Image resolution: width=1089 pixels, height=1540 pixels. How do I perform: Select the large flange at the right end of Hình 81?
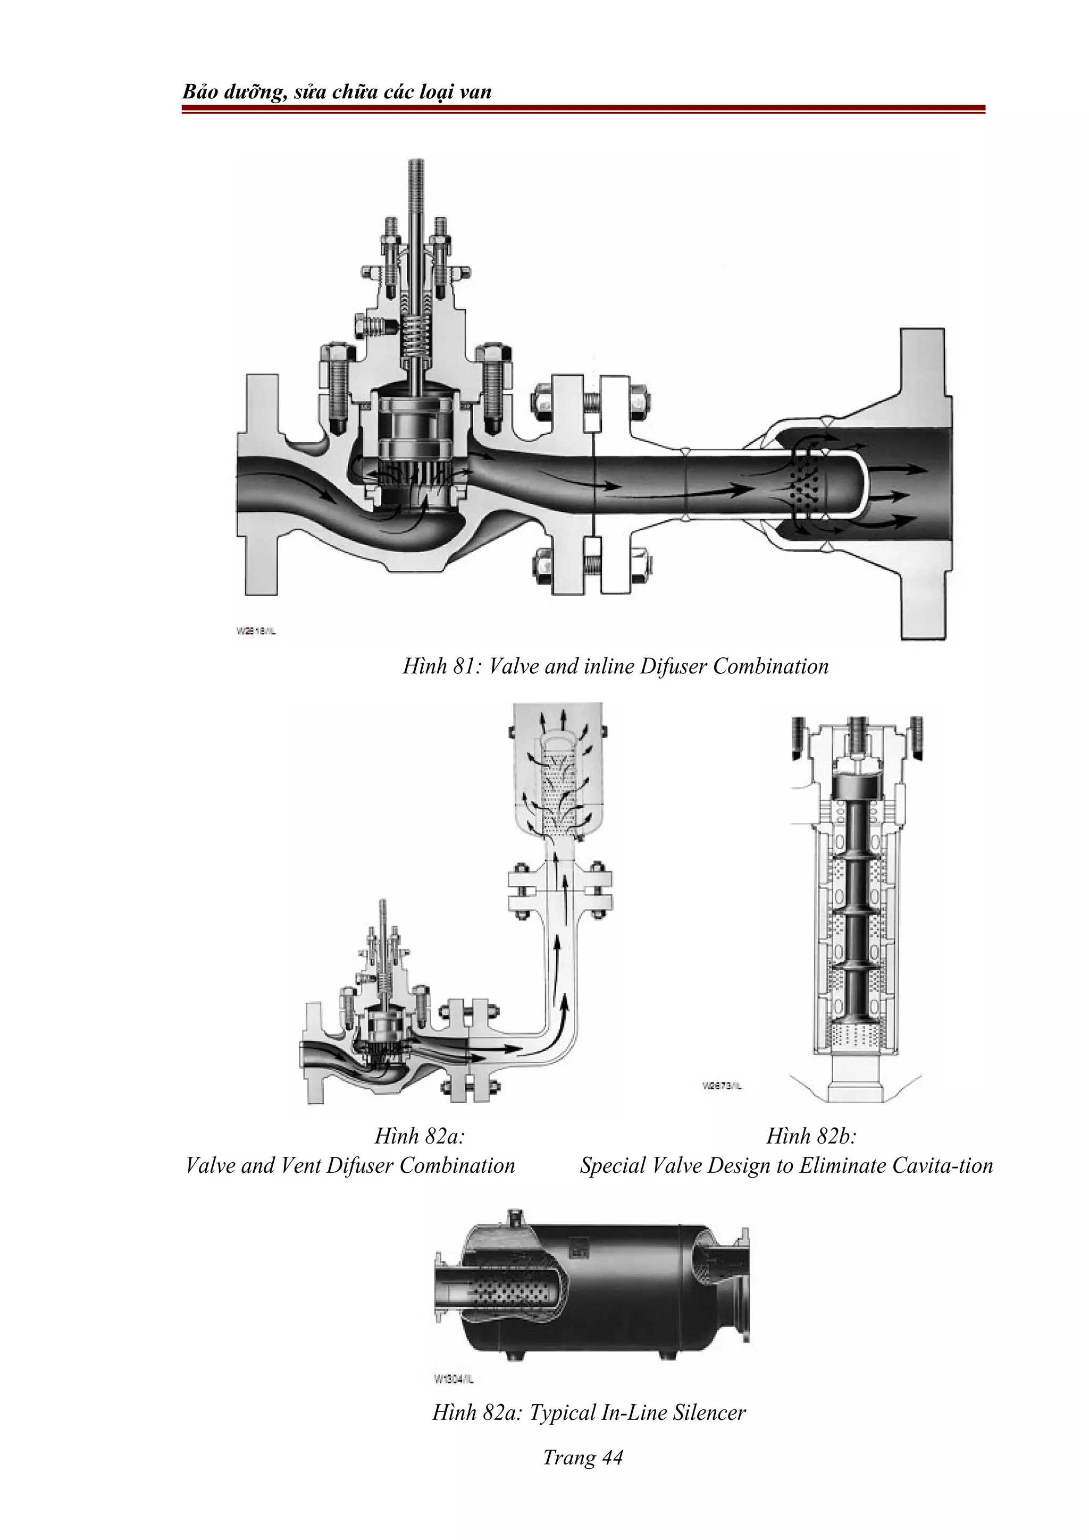click(x=923, y=483)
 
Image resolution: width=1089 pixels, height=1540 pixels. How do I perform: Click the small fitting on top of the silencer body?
click(x=515, y=1215)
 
